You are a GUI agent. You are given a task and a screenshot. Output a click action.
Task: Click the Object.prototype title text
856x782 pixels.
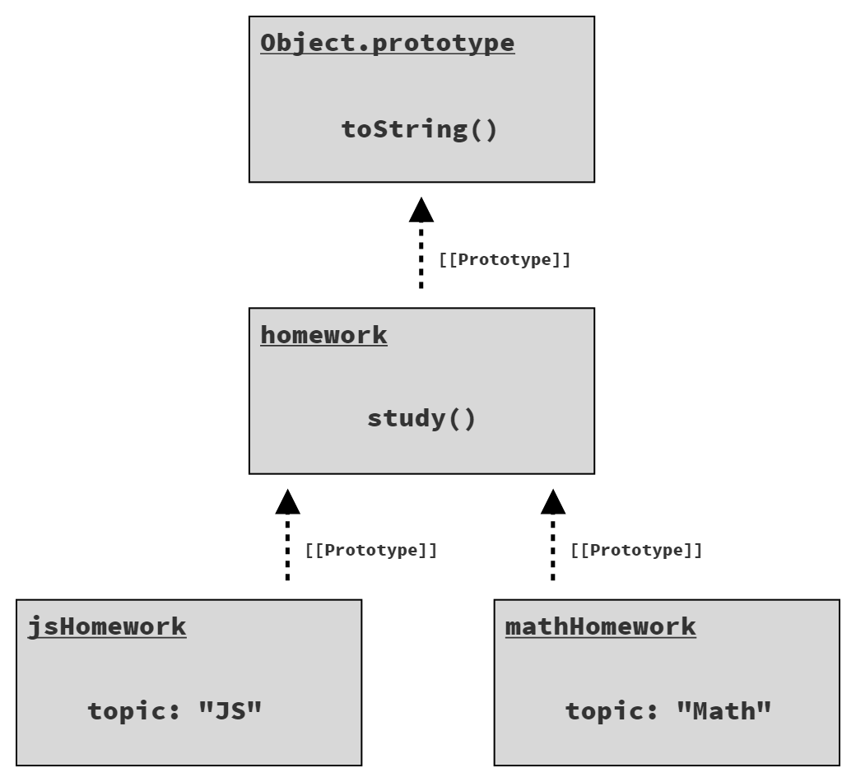tap(387, 44)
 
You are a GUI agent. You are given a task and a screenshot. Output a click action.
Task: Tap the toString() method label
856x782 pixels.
tap(419, 130)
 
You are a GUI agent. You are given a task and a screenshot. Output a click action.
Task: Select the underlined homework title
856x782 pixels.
tap(323, 335)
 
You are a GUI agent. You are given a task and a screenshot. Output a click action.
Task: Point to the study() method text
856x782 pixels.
tap(421, 419)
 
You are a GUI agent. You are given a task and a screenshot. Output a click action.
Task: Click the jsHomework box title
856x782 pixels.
tap(107, 627)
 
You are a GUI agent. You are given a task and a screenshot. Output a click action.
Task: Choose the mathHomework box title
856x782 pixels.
tap(601, 626)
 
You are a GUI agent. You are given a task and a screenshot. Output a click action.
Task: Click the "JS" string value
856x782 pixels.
tap(230, 710)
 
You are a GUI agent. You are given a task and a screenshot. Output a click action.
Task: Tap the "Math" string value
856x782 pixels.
tap(723, 710)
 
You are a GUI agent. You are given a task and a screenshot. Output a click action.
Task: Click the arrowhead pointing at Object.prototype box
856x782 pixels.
tap(421, 210)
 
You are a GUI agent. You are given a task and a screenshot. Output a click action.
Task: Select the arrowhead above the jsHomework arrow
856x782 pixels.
tap(288, 501)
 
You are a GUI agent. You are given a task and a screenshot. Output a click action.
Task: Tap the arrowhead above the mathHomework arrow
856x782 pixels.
tap(553, 501)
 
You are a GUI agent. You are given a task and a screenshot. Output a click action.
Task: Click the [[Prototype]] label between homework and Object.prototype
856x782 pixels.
tap(505, 259)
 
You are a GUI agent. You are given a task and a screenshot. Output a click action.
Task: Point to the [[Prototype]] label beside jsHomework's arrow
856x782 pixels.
tap(371, 550)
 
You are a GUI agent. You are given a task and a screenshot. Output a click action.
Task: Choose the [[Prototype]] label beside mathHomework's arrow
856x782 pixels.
tap(636, 550)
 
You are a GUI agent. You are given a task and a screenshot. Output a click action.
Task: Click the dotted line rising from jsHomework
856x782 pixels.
tap(288, 547)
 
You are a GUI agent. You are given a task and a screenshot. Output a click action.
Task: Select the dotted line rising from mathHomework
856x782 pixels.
tap(553, 547)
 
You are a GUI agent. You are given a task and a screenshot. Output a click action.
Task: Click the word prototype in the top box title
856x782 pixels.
tap(443, 44)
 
